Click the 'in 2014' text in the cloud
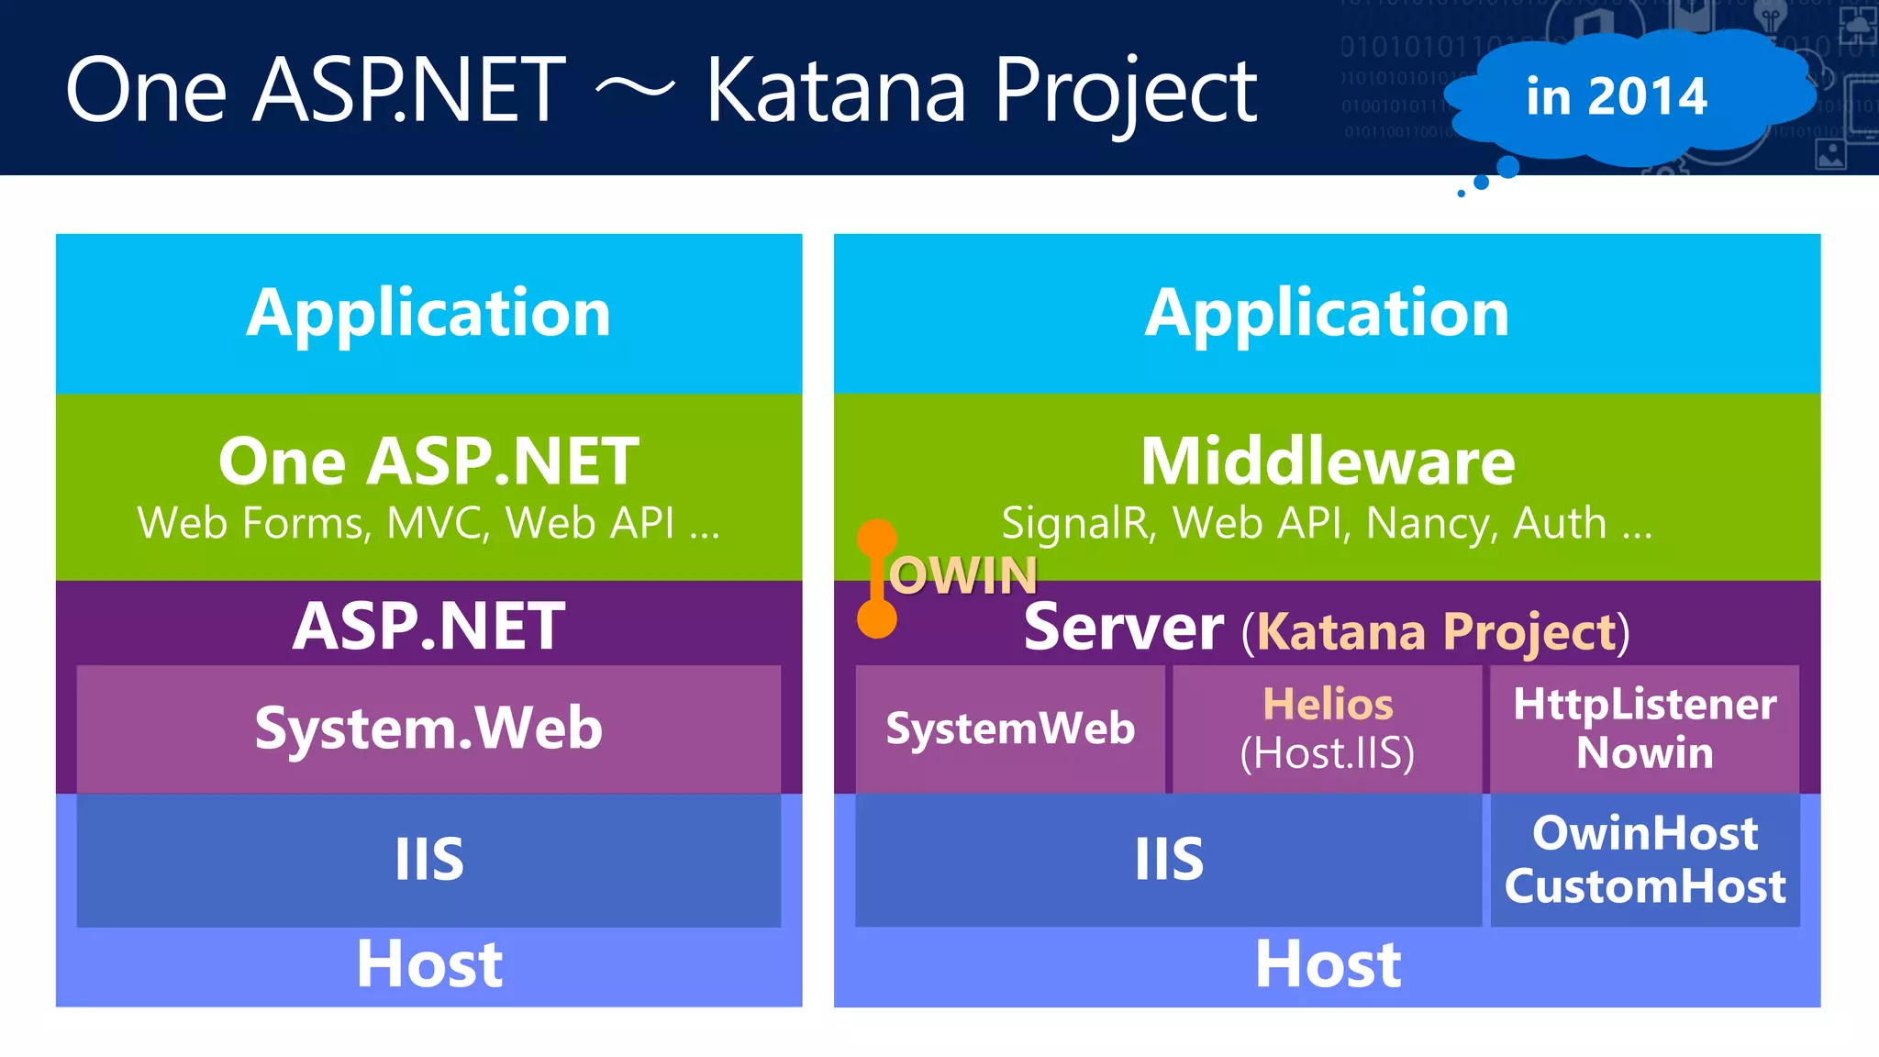click(x=1616, y=96)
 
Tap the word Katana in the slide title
click(x=835, y=91)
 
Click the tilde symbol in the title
click(x=635, y=89)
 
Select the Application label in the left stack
click(x=428, y=313)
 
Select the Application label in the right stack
click(x=1327, y=313)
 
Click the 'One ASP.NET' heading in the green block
click(x=428, y=461)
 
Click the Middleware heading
click(x=1327, y=461)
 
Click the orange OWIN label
click(x=962, y=576)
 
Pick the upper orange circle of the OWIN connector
click(x=877, y=538)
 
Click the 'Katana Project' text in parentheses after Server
click(x=1436, y=631)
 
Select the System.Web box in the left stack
click(x=428, y=729)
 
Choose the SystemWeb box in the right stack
click(x=1010, y=729)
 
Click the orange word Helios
click(x=1327, y=705)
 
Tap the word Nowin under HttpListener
click(x=1644, y=753)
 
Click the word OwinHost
click(x=1644, y=833)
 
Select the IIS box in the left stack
click(x=428, y=860)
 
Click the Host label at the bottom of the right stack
click(x=1327, y=964)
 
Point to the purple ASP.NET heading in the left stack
click(x=428, y=627)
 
